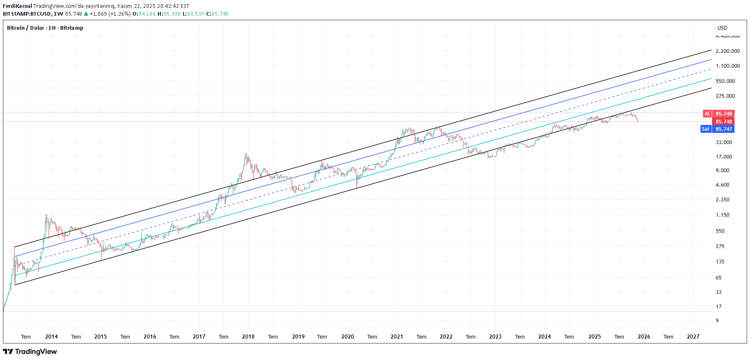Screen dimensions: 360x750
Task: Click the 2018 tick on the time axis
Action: [248, 336]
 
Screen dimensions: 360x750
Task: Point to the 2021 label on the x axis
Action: [397, 336]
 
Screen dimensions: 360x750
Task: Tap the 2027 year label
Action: [693, 336]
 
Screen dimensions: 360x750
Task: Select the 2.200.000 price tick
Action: [728, 51]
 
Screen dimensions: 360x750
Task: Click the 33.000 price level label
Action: [724, 142]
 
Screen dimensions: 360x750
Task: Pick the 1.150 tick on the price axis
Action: [722, 215]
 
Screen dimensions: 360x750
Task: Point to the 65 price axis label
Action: [719, 278]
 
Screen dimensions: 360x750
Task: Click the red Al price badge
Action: [707, 114]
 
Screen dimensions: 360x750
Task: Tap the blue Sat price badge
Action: [705, 129]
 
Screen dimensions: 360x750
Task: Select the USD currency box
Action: [722, 28]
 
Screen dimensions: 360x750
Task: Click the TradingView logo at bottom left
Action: [30, 351]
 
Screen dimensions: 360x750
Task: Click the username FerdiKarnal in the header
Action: [17, 6]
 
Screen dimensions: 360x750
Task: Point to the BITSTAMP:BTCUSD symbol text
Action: [27, 14]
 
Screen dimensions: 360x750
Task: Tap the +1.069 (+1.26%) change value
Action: [110, 14]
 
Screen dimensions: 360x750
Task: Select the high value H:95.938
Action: [169, 14]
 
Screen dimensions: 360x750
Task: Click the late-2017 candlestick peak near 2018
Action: [246, 154]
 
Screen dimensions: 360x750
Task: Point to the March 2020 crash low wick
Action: [357, 188]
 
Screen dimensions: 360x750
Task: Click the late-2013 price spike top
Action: [46, 215]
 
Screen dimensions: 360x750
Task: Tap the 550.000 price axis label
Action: [725, 81]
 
